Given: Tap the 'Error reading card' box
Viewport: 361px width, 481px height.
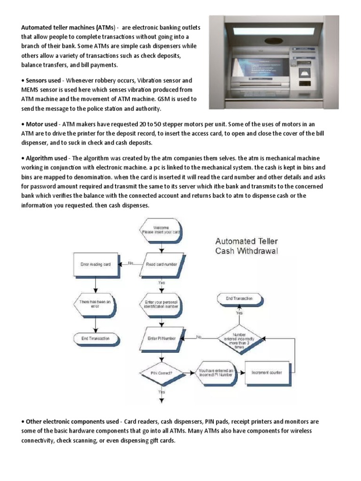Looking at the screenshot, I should [95, 264].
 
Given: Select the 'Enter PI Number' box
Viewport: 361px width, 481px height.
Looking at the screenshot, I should [161, 337].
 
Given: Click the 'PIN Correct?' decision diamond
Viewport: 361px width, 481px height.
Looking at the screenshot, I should [161, 373].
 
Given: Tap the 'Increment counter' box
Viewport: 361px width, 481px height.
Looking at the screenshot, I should [267, 372].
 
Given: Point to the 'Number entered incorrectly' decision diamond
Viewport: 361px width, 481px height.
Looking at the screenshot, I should [240, 337].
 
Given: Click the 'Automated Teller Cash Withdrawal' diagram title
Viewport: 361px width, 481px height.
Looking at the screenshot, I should [246, 246].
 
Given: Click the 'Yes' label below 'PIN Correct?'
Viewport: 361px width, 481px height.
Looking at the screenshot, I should [162, 391].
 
